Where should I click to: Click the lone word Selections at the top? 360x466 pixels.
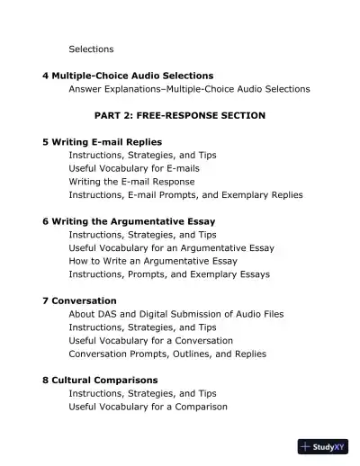pos(91,49)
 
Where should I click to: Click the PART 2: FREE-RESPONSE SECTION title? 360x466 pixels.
pos(180,116)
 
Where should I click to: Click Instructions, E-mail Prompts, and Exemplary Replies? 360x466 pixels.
pos(185,194)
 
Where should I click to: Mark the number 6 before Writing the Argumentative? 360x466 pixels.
pos(45,220)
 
